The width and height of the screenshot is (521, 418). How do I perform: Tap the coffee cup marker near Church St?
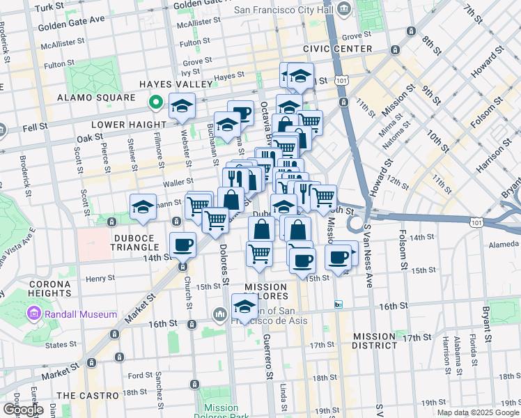tap(182, 245)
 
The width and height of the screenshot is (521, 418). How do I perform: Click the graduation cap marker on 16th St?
tap(244, 305)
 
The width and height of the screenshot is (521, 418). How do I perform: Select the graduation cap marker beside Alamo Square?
tap(182, 105)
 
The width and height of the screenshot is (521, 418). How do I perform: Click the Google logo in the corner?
tap(22, 409)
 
